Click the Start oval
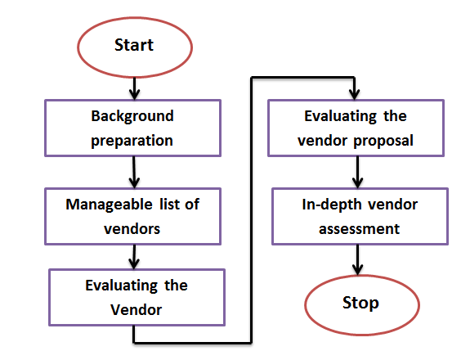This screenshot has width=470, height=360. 135,47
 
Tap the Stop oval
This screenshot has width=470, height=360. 362,305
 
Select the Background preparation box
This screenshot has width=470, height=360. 132,128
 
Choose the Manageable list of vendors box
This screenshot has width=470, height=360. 132,216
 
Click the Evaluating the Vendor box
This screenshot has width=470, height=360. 137,297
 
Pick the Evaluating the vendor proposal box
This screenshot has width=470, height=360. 356,128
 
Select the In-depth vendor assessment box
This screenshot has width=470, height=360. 360,216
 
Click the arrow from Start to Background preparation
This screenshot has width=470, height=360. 134,89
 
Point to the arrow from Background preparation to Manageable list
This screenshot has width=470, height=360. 134,173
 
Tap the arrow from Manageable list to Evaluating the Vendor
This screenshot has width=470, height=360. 134,257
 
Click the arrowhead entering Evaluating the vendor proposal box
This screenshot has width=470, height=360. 355,94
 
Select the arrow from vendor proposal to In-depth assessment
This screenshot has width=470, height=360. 357,173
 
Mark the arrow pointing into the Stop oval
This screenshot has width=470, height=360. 357,260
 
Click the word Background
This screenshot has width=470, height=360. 132,116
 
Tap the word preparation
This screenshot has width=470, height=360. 132,141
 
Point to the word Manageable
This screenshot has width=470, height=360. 109,205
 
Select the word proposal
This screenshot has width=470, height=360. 383,141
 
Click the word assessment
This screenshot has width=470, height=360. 359,229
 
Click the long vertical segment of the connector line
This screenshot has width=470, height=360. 251,210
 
